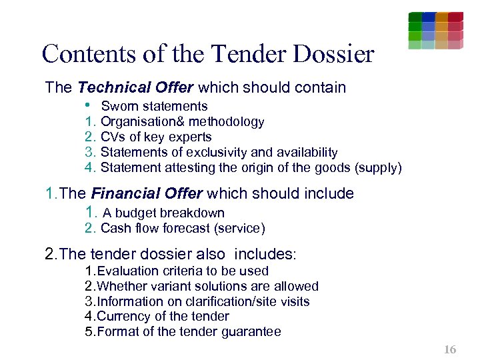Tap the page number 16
pos(450,349)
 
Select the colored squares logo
pos(435,30)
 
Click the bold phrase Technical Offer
pos(135,87)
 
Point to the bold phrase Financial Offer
pos(147,194)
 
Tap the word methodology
pos(227,121)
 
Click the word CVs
pos(111,137)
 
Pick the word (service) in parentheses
pos(239,229)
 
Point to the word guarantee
pos(252,331)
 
